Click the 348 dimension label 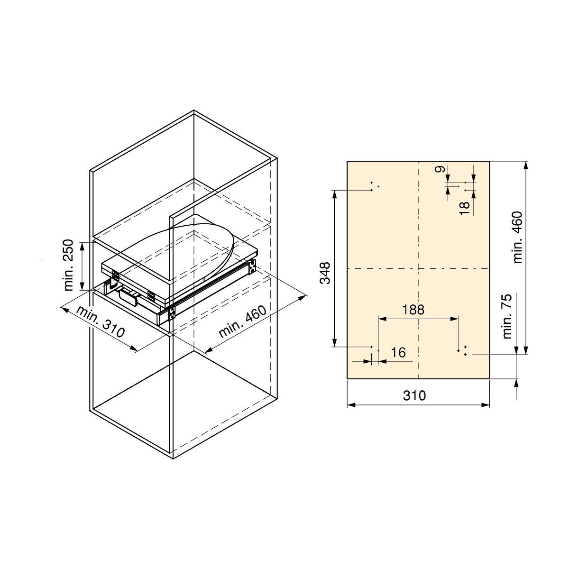[325, 273]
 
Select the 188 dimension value [413, 310]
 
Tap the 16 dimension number [398, 353]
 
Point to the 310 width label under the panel [414, 395]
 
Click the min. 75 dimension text [507, 316]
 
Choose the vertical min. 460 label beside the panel [518, 237]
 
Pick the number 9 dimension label [441, 169]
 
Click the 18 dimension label [465, 209]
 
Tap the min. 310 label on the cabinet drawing [101, 322]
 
